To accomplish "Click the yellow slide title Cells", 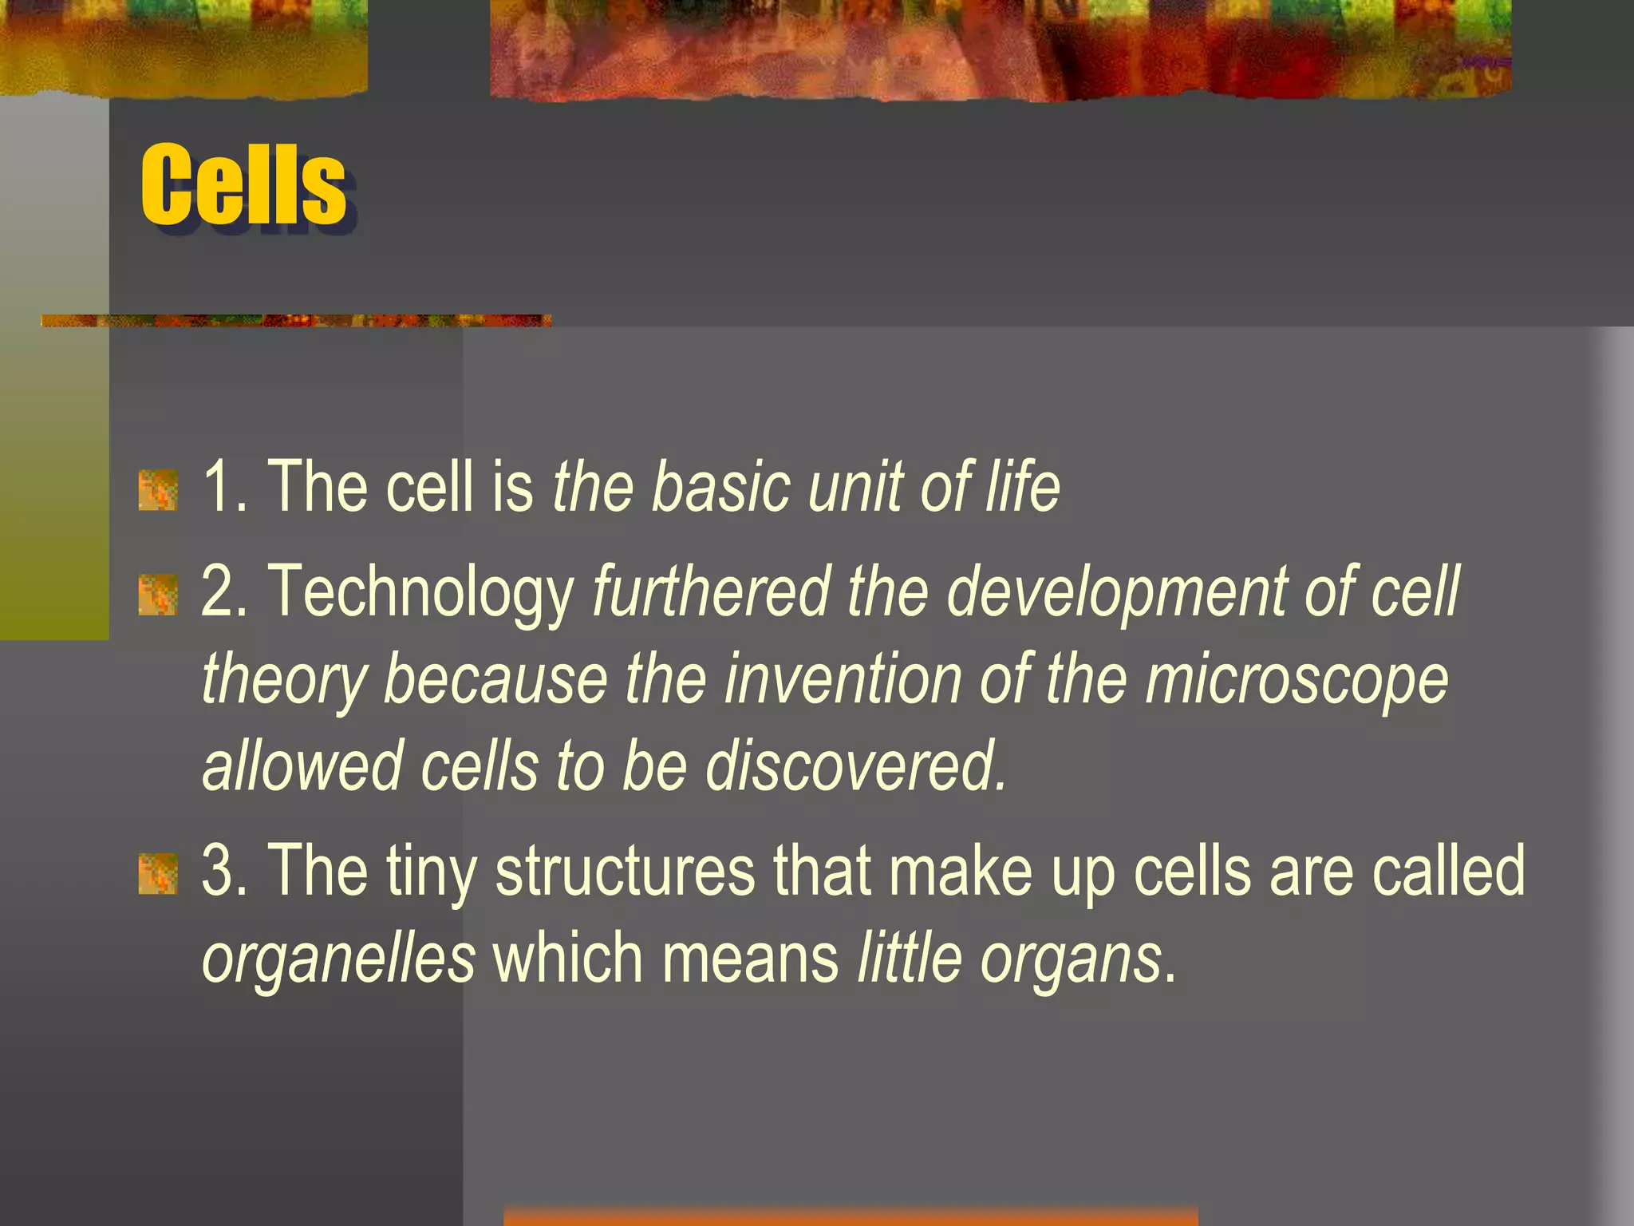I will pyautogui.click(x=243, y=185).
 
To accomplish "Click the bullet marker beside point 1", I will pyautogui.click(x=158, y=490).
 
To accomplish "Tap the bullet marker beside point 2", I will pyautogui.click(x=158, y=595).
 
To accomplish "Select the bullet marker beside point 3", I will pyautogui.click(x=158, y=873).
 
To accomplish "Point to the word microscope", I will pyautogui.click(x=1296, y=680).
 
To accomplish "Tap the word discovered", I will pyautogui.click(x=855, y=766).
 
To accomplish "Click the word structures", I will pyautogui.click(x=625, y=872).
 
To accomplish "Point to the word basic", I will pyautogui.click(x=721, y=487).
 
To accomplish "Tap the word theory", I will pyautogui.click(x=284, y=680).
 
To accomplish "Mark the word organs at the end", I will pyautogui.click(x=1071, y=959).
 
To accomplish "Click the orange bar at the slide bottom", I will pyautogui.click(x=851, y=1216).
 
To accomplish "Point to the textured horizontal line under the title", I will pyautogui.click(x=295, y=321).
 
